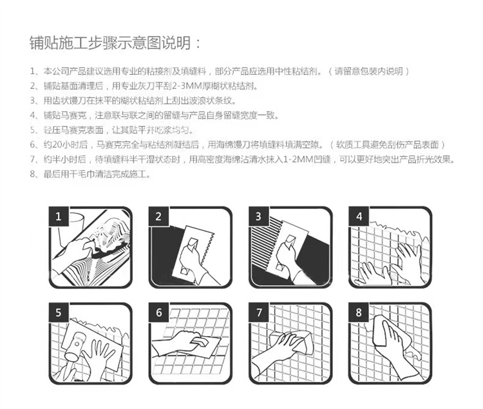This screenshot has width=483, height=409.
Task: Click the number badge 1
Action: click(x=59, y=216)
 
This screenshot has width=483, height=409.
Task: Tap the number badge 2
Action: click(x=158, y=216)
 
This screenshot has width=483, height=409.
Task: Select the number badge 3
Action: click(x=258, y=216)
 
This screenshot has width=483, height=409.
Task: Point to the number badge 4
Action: click(x=359, y=216)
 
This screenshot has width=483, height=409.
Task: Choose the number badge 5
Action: click(x=59, y=313)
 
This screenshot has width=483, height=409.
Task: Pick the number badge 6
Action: click(x=158, y=313)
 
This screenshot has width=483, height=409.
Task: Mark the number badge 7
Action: click(x=258, y=313)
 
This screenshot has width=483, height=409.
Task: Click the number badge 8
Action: click(x=359, y=313)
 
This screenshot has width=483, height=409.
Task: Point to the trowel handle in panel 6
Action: click(x=200, y=341)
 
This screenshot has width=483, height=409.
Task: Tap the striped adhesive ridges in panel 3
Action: click(x=265, y=247)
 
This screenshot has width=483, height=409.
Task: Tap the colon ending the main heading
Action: click(x=198, y=44)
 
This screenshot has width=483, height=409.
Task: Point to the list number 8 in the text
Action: click(x=33, y=174)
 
